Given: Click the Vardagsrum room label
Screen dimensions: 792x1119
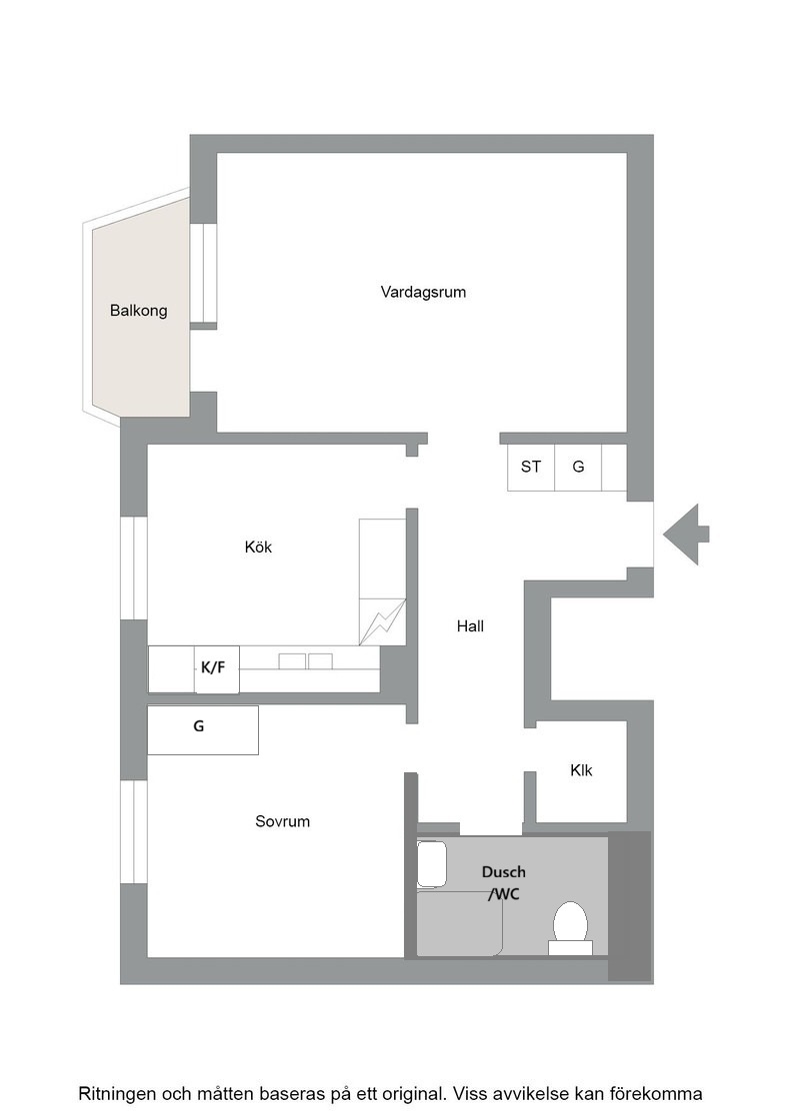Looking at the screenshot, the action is coord(423,292).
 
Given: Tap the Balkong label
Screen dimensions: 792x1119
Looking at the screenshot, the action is coord(139,311).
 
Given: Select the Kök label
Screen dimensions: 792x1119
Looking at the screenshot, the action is coord(258,547).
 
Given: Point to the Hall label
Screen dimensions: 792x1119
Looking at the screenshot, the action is coord(470,625).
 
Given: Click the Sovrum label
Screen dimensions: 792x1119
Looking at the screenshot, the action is coord(282,821).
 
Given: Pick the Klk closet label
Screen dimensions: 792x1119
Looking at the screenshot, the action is coord(581,770).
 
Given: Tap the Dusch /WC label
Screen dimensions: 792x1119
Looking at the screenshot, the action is coord(503,882).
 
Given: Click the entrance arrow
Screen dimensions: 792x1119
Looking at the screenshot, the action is coord(686,534).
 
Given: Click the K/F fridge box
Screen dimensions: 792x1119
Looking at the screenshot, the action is coord(216,669).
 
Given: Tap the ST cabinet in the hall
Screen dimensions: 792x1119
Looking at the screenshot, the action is coord(531,467).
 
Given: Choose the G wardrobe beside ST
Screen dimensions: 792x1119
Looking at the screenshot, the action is coord(578,467).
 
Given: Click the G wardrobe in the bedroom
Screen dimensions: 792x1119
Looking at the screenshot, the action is coord(203,730).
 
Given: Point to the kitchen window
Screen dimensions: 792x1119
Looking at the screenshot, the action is coord(134,567).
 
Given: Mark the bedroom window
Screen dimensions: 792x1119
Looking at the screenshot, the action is coord(134,832).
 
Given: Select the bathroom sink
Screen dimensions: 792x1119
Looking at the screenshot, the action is coord(431,865).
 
